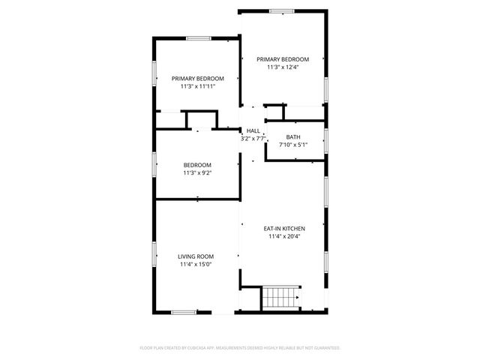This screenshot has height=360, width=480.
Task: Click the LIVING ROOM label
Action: (196, 256)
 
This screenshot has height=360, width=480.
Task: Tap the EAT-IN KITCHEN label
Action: (283, 229)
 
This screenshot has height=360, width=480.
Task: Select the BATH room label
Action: (293, 136)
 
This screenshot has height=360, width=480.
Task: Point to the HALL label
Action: (253, 130)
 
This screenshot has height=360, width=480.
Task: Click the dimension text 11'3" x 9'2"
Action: (197, 173)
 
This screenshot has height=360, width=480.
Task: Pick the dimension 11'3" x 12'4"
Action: (283, 67)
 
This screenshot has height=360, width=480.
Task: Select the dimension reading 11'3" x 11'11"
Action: (198, 86)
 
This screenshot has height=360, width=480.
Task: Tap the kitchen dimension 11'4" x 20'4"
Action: (283, 237)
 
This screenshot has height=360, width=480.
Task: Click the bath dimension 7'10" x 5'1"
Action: (293, 145)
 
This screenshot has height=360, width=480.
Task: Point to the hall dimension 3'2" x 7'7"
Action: (253, 138)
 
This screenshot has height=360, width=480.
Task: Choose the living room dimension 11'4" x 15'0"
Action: (196, 264)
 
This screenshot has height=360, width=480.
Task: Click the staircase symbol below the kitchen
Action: (280, 297)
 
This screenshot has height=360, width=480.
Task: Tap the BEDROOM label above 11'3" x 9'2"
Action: (197, 165)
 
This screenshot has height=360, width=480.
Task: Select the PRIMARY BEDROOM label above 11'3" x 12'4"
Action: (283, 58)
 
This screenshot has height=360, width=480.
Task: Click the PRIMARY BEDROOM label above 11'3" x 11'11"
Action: (198, 78)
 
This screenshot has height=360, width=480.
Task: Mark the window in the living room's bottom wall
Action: (184, 312)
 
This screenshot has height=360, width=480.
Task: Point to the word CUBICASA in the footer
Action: (193, 348)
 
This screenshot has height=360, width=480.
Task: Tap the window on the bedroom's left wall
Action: (155, 163)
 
